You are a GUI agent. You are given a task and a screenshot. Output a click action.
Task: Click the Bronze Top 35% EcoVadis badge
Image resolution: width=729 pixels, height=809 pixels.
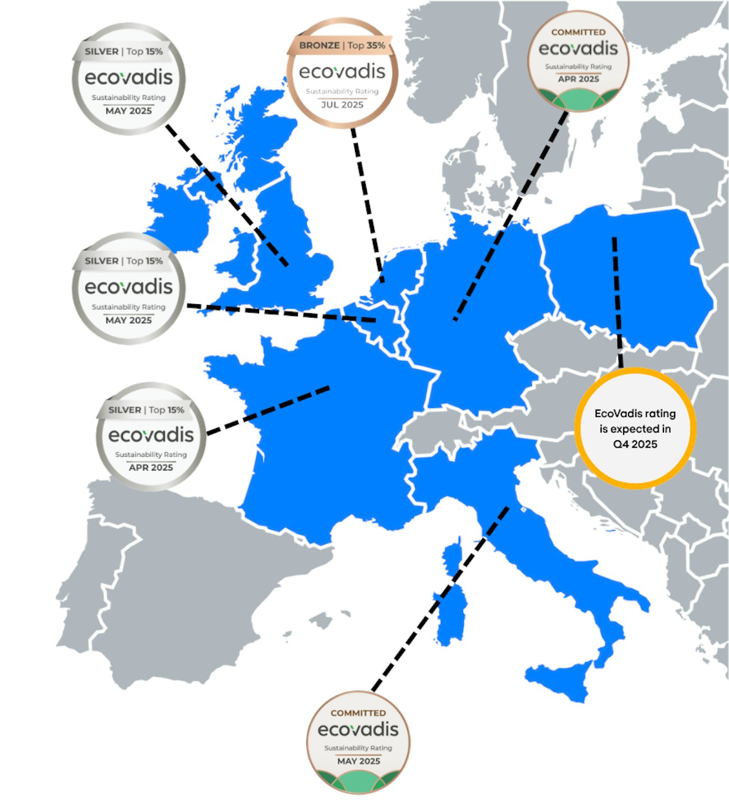click(342, 73)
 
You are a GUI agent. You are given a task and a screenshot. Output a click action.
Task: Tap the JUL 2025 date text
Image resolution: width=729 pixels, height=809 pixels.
click(342, 105)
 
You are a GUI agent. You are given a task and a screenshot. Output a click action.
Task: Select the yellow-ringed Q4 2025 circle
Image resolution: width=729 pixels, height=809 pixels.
click(635, 429)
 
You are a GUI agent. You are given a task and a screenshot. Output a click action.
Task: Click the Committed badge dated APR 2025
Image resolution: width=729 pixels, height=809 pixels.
click(578, 61)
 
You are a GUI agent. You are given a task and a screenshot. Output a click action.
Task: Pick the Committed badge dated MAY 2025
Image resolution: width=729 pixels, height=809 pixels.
click(358, 741)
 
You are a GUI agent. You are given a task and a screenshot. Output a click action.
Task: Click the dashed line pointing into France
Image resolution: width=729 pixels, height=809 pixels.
click(269, 410)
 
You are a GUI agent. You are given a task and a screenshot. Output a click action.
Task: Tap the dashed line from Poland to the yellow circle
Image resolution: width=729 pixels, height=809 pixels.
click(617, 303)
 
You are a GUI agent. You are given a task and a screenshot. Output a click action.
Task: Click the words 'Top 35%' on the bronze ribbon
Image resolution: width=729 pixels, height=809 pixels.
click(366, 45)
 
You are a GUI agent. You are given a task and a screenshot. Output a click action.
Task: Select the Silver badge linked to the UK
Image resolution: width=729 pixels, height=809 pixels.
click(129, 78)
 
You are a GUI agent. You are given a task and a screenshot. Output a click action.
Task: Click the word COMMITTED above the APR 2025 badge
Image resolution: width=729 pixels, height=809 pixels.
click(578, 32)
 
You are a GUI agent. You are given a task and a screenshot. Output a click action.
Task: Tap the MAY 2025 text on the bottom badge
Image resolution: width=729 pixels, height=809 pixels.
click(358, 761)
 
